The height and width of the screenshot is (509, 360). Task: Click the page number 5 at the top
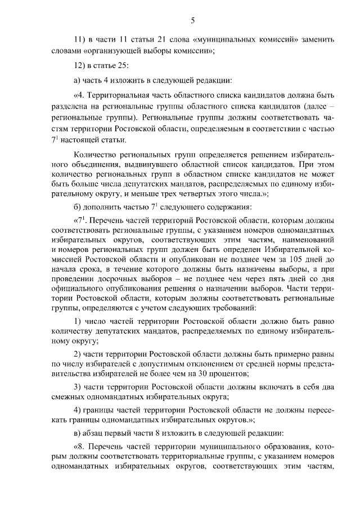tap(192, 21)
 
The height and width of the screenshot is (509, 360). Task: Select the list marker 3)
tap(79, 388)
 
